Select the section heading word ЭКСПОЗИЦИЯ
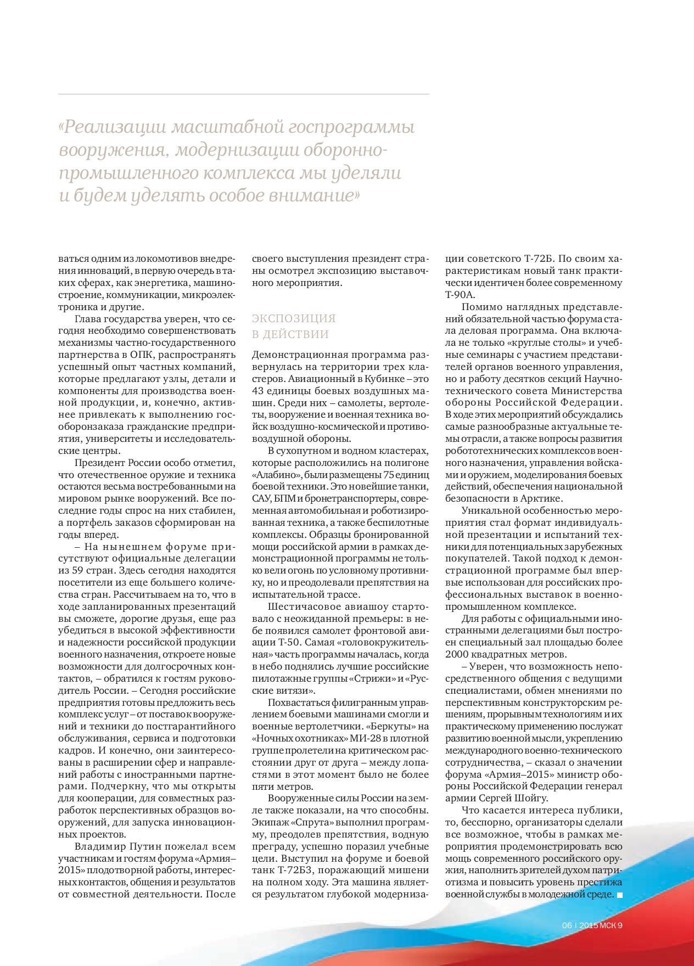[x=293, y=318]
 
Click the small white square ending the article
[x=620, y=895]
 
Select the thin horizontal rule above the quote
[x=243, y=94]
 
